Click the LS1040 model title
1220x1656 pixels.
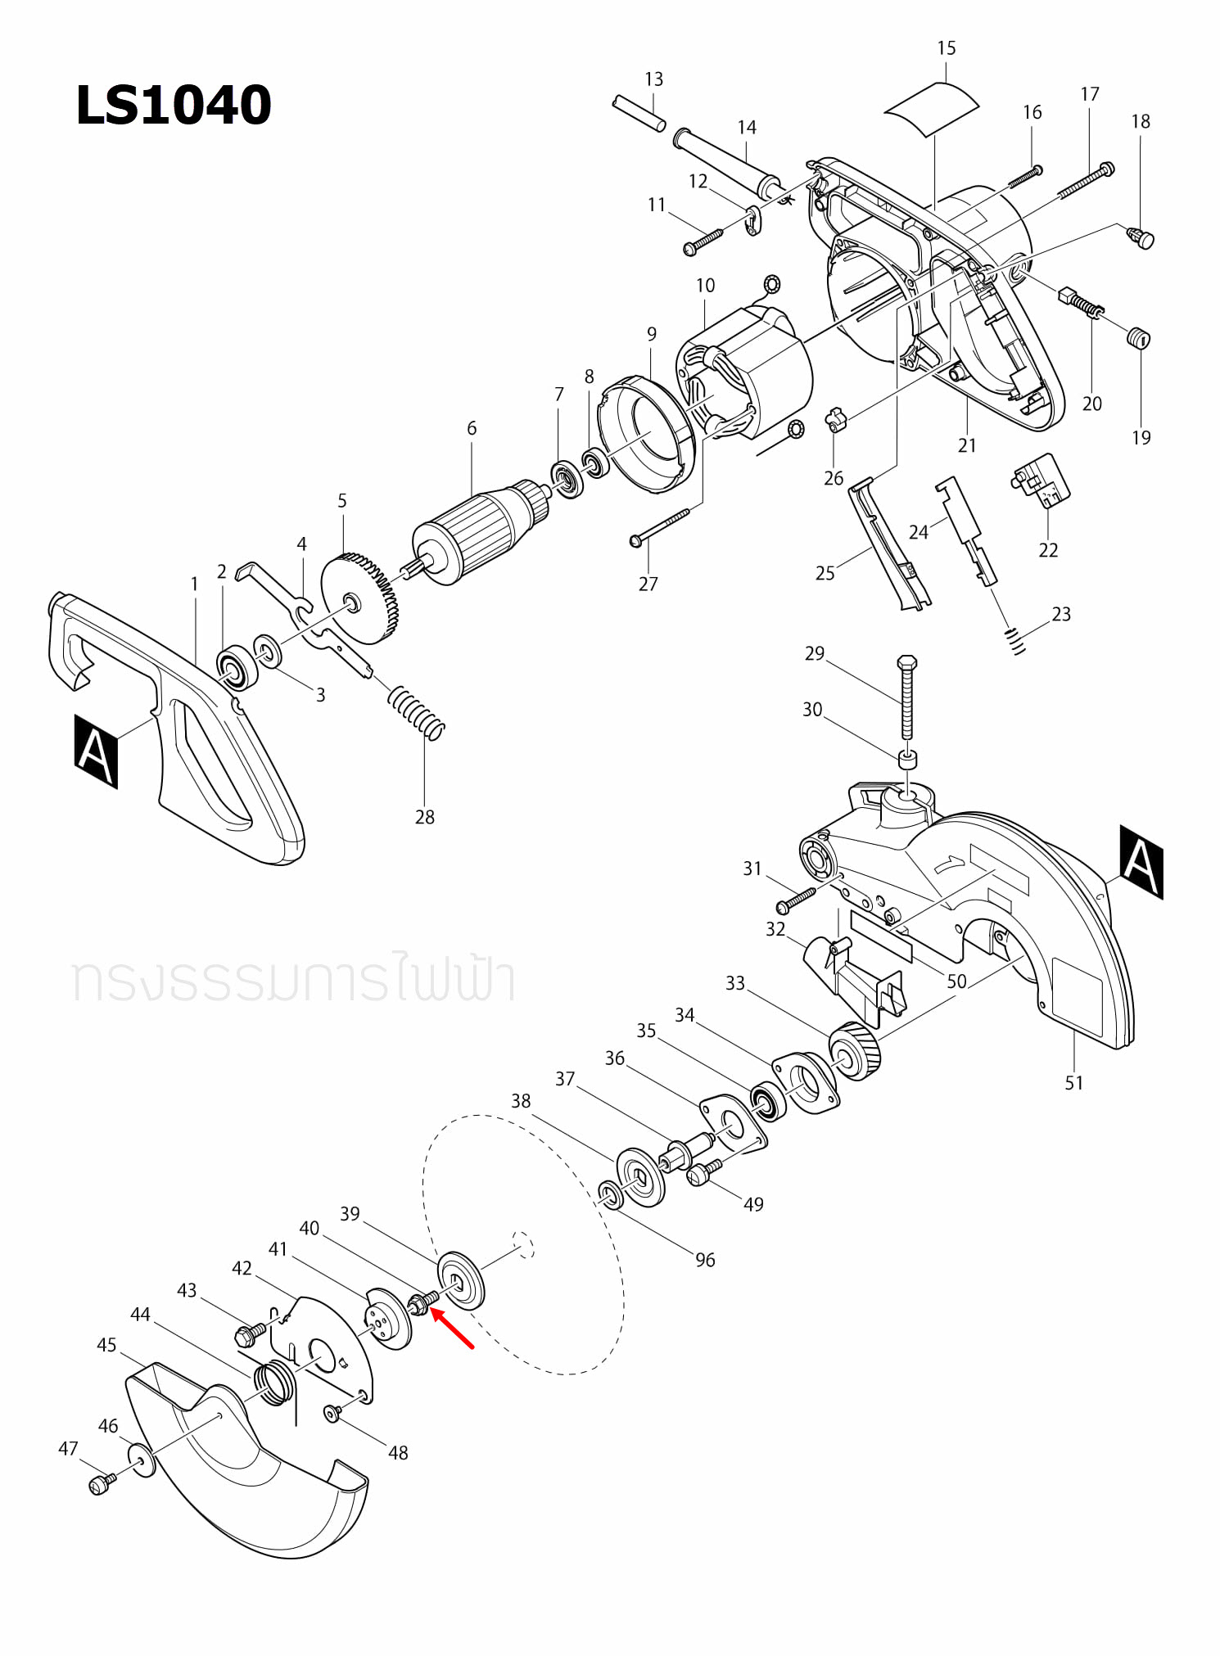click(173, 105)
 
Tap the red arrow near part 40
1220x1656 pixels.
click(452, 1328)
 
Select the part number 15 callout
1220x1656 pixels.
click(946, 48)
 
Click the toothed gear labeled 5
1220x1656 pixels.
click(360, 598)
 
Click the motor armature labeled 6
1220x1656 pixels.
click(475, 532)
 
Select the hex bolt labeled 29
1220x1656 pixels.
click(906, 696)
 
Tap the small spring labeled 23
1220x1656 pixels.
click(1015, 641)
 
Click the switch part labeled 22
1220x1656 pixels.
click(1041, 482)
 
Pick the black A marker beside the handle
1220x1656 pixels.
click(96, 751)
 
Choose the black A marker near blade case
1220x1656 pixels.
click(1141, 862)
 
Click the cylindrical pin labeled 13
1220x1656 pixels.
click(639, 113)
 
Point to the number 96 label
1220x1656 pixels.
click(705, 1261)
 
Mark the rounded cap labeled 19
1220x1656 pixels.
click(1138, 337)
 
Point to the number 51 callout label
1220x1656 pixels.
click(1073, 1083)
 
